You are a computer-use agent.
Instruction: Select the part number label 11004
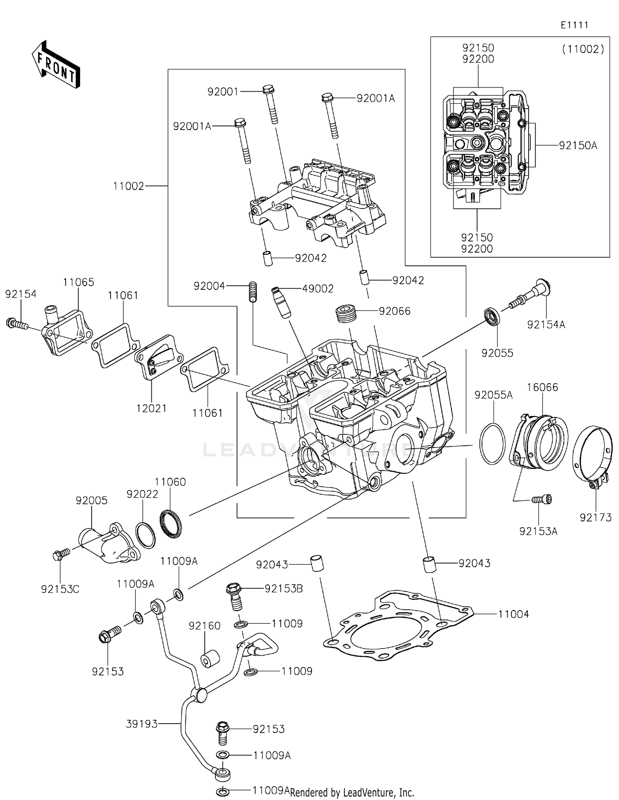513,614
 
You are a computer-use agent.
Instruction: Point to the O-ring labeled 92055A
492,443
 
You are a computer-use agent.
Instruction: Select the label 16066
542,387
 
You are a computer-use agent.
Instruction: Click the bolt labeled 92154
17,324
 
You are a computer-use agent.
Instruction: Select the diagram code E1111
574,25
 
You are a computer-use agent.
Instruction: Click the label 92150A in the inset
578,145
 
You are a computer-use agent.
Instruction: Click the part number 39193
142,724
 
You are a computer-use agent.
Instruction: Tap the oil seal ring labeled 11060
170,524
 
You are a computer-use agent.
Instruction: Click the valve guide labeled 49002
280,303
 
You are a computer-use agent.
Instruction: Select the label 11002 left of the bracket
129,186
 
